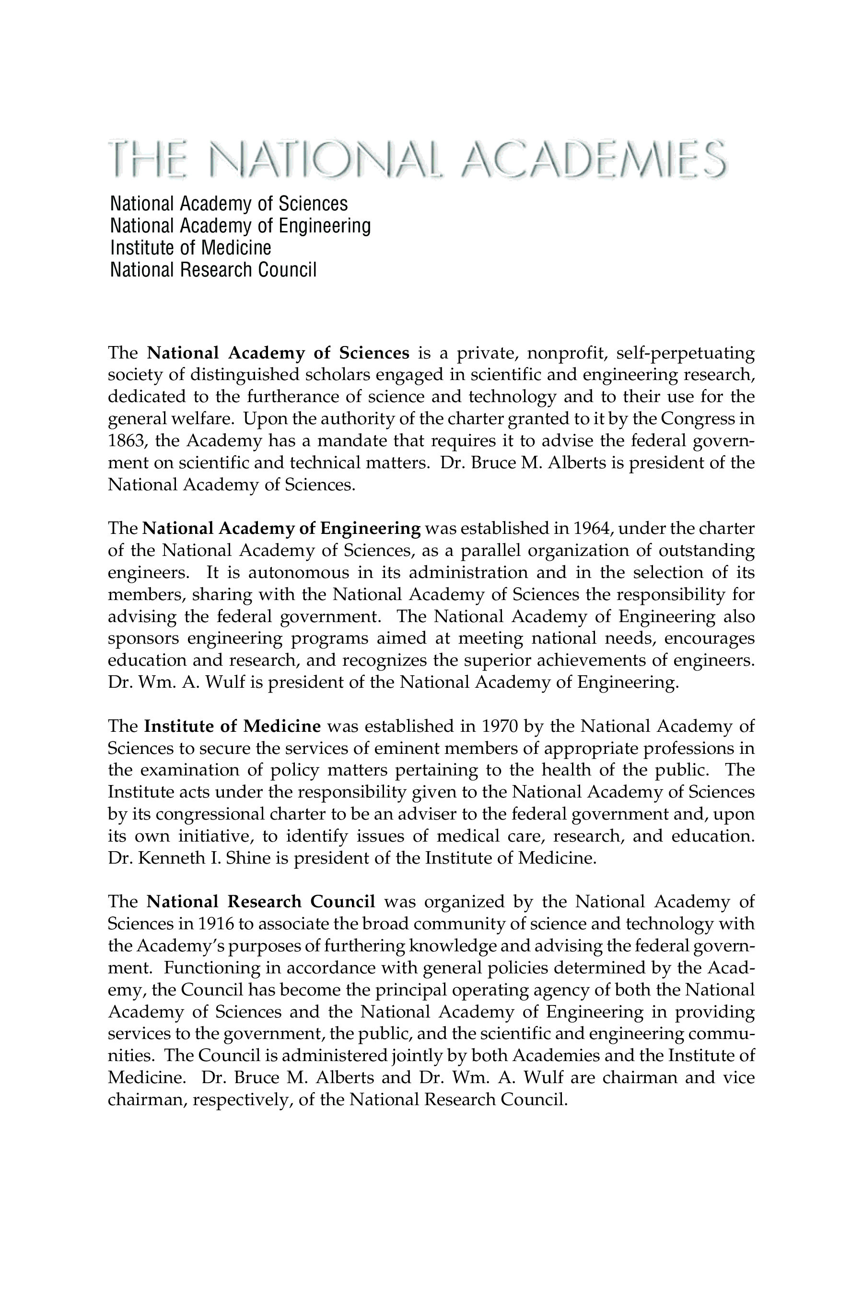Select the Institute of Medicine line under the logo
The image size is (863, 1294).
pyautogui.click(x=190, y=248)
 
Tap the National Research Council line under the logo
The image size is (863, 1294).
pyautogui.click(x=213, y=270)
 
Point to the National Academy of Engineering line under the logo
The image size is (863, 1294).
pyautogui.click(x=240, y=226)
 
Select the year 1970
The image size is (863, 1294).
pyautogui.click(x=499, y=726)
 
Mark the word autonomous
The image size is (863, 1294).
pyautogui.click(x=298, y=573)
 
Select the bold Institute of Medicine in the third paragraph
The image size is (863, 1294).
pyautogui.click(x=232, y=726)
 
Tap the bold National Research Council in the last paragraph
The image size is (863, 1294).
pyautogui.click(x=261, y=902)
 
